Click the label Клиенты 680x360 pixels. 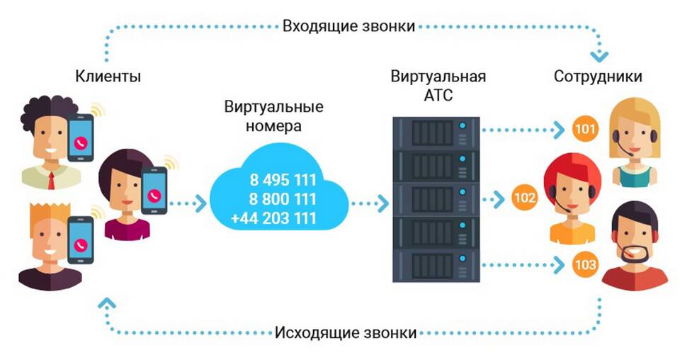tap(108, 77)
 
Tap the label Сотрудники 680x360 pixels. tap(598, 77)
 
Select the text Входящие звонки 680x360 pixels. tap(348, 26)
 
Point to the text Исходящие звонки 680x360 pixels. tap(346, 332)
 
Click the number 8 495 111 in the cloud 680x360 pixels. tap(283, 179)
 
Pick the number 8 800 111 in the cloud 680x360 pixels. tap(283, 199)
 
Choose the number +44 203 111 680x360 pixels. tap(274, 218)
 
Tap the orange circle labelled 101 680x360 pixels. tap(585, 129)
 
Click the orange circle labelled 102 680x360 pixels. tap(525, 198)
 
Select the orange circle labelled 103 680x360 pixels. tap(585, 264)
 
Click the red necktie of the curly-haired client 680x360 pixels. tap(51, 181)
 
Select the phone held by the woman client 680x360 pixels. tap(154, 190)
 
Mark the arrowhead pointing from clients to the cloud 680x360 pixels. tap(200, 203)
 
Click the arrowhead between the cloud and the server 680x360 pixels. tap(383, 203)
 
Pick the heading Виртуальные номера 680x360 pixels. tap(273, 116)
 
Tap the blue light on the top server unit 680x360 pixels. tap(463, 125)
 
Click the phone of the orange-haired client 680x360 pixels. tap(81, 240)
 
